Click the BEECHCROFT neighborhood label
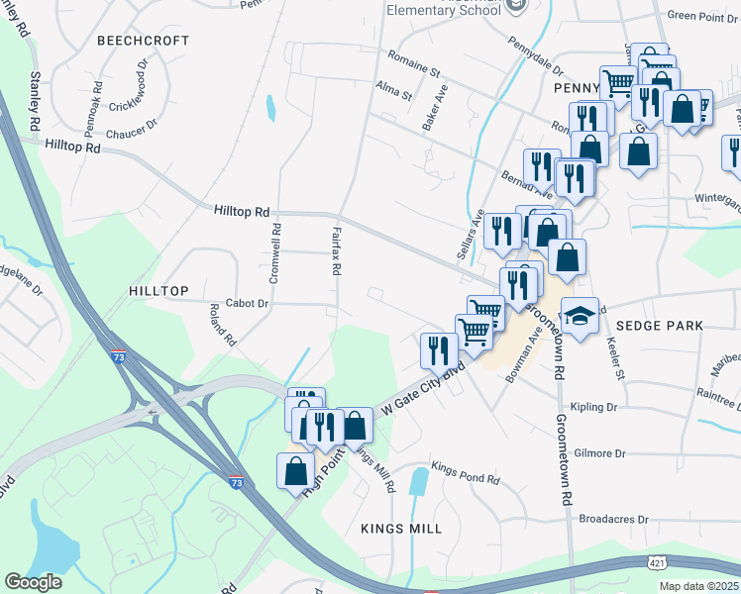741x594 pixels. click(x=130, y=41)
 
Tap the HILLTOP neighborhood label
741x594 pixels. click(x=159, y=290)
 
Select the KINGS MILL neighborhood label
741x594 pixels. click(x=401, y=529)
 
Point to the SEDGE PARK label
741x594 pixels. click(x=659, y=325)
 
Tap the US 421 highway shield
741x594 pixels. click(x=658, y=562)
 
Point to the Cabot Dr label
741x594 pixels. click(x=247, y=304)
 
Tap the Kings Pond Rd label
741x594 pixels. click(x=466, y=478)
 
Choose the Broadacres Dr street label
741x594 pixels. click(x=613, y=519)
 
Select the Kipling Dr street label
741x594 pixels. click(x=594, y=407)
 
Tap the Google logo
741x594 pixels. click(x=34, y=582)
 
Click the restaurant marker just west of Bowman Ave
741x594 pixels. click(x=436, y=349)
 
